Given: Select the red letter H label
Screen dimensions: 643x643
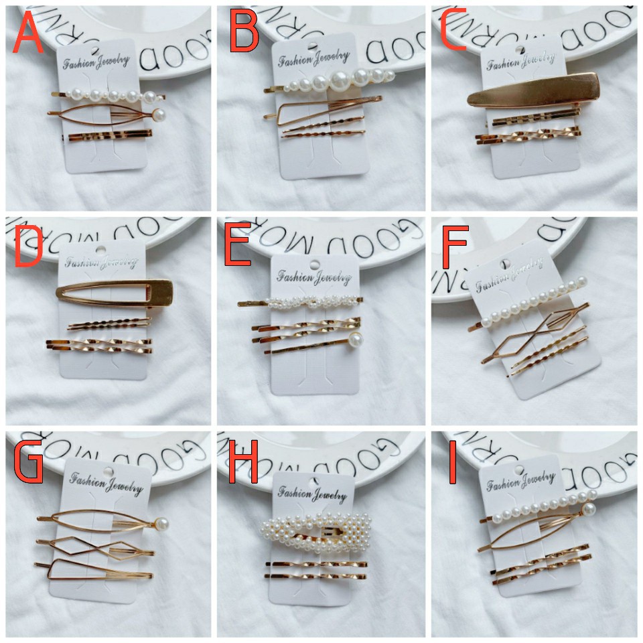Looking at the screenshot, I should click(x=242, y=462).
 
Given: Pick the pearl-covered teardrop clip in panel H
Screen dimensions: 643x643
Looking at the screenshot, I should click(x=315, y=535).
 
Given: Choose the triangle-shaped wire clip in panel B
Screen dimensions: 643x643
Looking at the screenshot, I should click(x=315, y=107).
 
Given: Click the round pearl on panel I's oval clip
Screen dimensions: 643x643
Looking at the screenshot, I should click(x=588, y=510).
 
